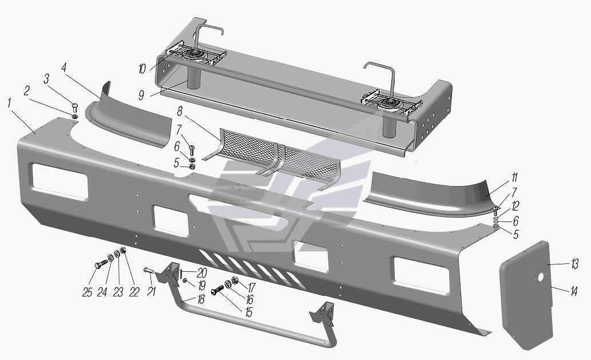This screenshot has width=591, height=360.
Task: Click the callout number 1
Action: (x=9, y=103)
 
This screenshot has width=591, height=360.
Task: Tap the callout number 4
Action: (x=64, y=68)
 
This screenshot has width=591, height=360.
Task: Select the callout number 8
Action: (x=180, y=112)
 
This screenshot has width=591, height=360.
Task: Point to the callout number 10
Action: (x=142, y=69)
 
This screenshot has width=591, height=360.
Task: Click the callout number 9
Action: (x=141, y=94)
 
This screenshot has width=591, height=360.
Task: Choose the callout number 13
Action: (x=574, y=264)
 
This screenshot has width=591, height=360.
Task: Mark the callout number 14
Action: (x=574, y=291)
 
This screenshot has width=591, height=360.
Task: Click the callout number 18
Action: (x=200, y=300)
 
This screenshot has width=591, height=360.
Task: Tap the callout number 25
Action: (x=87, y=292)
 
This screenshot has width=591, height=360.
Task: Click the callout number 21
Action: (x=151, y=292)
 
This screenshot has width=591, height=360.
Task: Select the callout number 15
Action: (x=248, y=312)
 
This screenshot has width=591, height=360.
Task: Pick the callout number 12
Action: (x=515, y=206)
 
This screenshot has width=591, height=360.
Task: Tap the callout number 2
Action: (x=27, y=91)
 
